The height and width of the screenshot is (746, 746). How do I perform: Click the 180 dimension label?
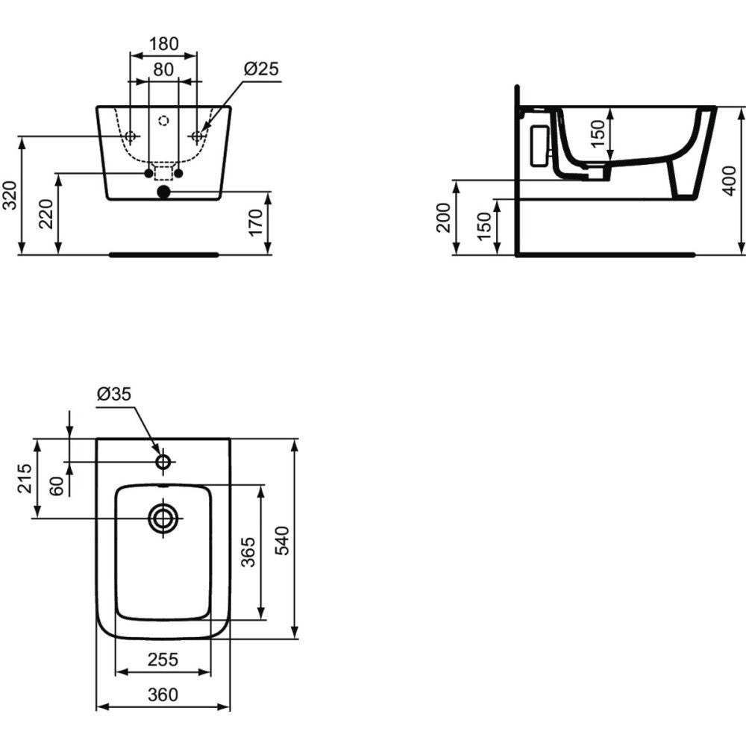[163, 44]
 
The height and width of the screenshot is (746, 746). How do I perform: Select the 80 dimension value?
[163, 69]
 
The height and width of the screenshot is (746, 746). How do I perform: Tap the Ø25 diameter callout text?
[261, 69]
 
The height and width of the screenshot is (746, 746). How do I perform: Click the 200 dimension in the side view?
[443, 217]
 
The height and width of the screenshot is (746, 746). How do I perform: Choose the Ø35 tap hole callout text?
[114, 394]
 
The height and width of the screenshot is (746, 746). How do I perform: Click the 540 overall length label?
[282, 539]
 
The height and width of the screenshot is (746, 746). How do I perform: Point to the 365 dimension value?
[248, 552]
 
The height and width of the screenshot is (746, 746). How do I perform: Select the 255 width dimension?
[162, 659]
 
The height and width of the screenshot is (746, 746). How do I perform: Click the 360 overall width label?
[162, 695]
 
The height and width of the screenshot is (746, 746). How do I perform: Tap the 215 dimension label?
[24, 479]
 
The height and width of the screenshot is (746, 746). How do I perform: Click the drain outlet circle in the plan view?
[163, 518]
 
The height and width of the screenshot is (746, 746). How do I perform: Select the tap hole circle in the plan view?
[163, 462]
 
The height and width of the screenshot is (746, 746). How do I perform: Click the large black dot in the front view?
[163, 192]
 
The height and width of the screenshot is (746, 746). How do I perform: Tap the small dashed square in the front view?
[163, 173]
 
